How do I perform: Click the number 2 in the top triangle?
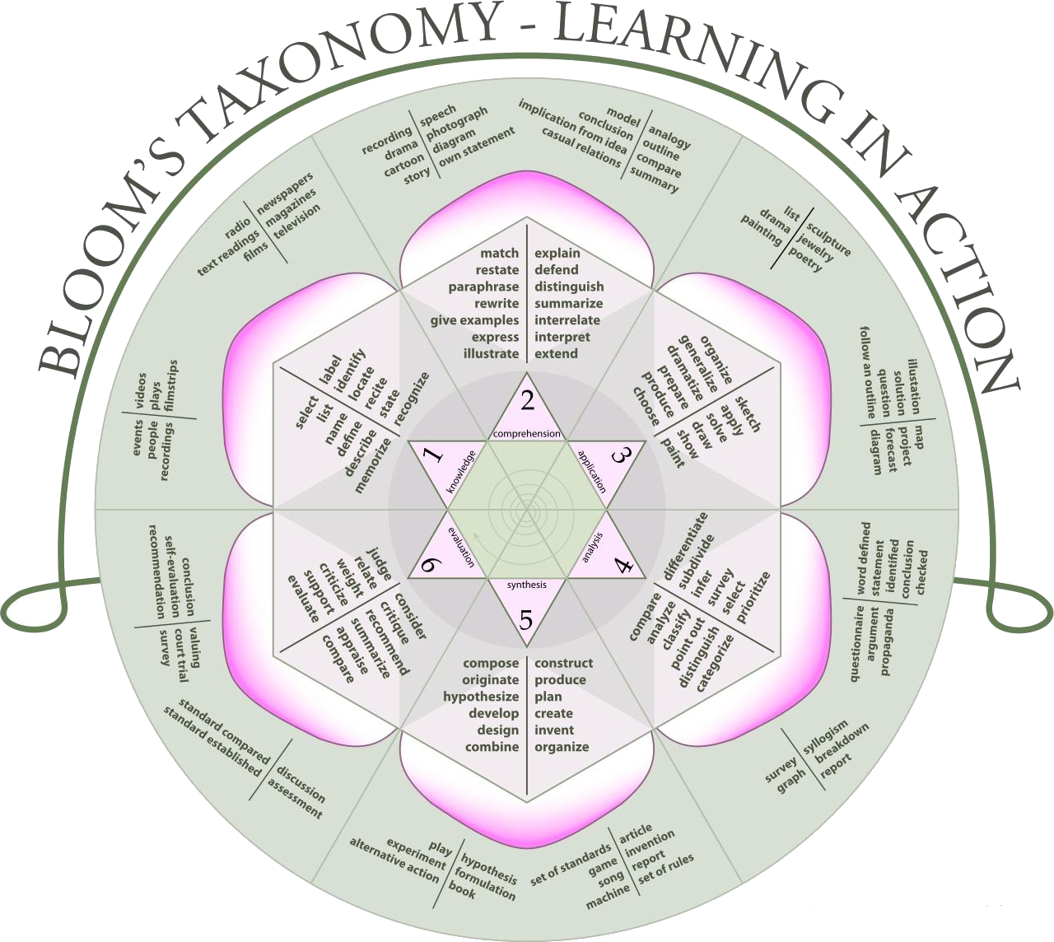point(527,401)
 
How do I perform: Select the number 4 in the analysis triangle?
point(623,567)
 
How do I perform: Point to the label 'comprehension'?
point(527,434)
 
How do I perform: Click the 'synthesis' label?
point(527,585)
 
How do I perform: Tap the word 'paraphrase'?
point(483,287)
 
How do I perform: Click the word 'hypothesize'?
point(481,697)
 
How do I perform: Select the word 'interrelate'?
point(567,320)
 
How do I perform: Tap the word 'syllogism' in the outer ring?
point(826,740)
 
